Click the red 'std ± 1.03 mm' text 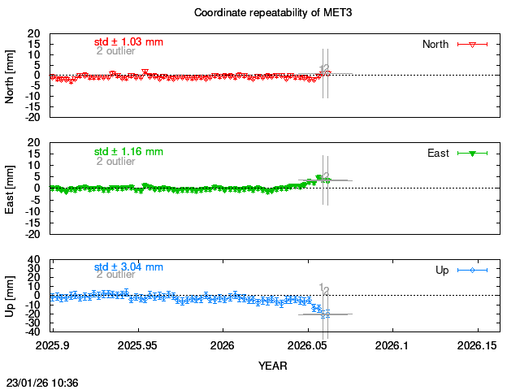pyautogui.click(x=128, y=41)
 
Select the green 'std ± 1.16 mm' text pyautogui.click(x=128, y=151)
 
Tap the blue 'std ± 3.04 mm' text pyautogui.click(x=128, y=266)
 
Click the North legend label pyautogui.click(x=435, y=44)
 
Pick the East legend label pyautogui.click(x=439, y=153)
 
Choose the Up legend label pyautogui.click(x=442, y=270)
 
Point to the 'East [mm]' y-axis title pyautogui.click(x=11, y=188)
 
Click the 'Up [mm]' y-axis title pyautogui.click(x=11, y=297)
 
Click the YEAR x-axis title pyautogui.click(x=274, y=366)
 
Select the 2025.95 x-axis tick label pyautogui.click(x=138, y=346)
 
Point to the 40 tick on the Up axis pyautogui.click(x=34, y=260)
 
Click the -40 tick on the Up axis pyautogui.click(x=32, y=331)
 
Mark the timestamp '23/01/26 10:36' pyautogui.click(x=42, y=382)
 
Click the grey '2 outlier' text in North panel pyautogui.click(x=115, y=51)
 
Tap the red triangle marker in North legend pyautogui.click(x=472, y=44)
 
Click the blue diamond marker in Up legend pyautogui.click(x=472, y=270)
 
